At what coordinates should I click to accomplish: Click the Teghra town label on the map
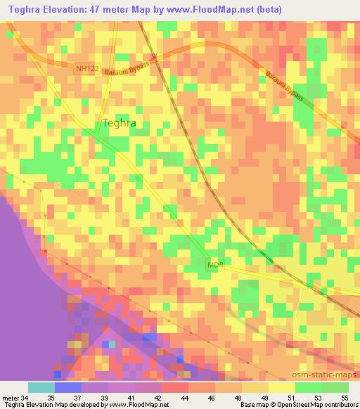(119, 122)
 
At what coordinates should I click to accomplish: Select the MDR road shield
(215, 265)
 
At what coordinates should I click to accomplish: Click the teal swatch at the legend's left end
(41, 387)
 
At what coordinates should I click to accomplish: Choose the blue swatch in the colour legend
(67, 387)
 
